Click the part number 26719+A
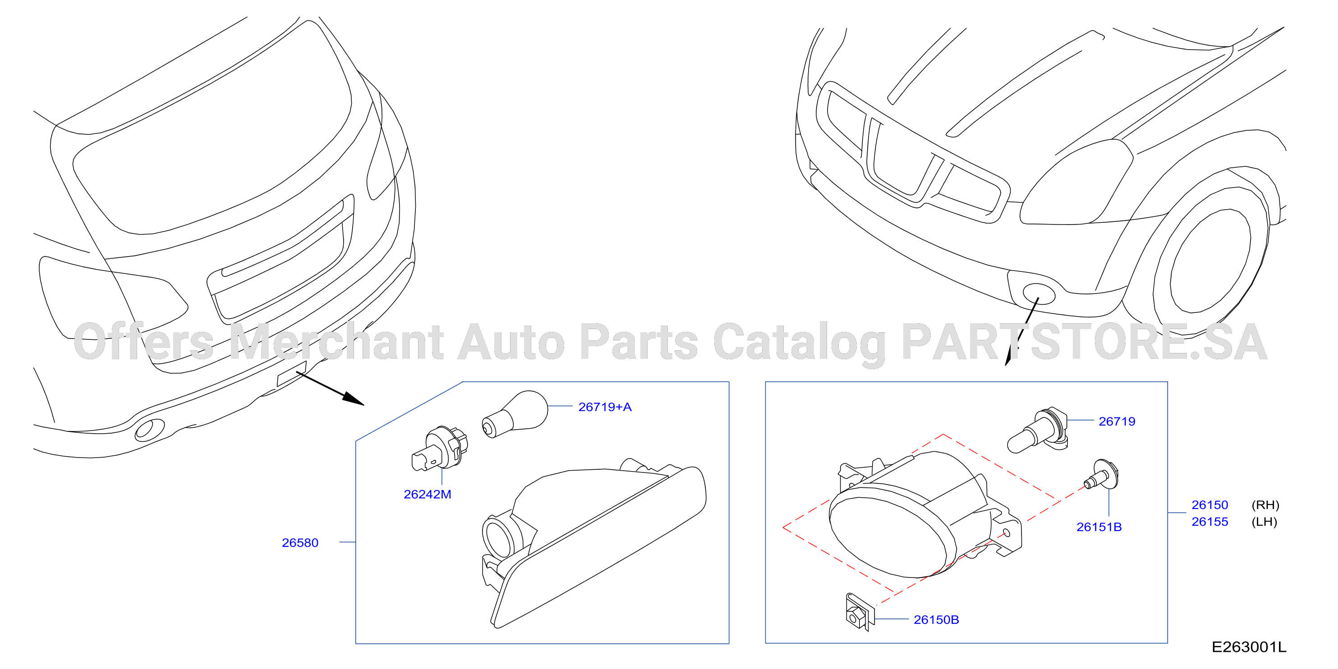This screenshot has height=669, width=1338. tap(605, 407)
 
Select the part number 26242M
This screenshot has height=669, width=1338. tap(427, 494)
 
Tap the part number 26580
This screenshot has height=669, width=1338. tap(300, 542)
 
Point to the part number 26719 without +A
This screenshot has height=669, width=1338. tap(1117, 421)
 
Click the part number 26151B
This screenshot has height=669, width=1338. tap(1099, 527)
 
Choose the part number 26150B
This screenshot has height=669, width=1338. tap(936, 620)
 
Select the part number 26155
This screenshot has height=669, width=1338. tap(1210, 522)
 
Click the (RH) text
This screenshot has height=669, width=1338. tap(1265, 505)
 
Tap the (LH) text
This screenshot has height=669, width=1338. tap(1264, 522)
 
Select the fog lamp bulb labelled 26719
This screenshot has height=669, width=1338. tap(1037, 430)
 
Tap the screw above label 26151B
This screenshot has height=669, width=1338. tap(1101, 475)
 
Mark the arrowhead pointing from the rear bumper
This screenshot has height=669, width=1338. tap(353, 399)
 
